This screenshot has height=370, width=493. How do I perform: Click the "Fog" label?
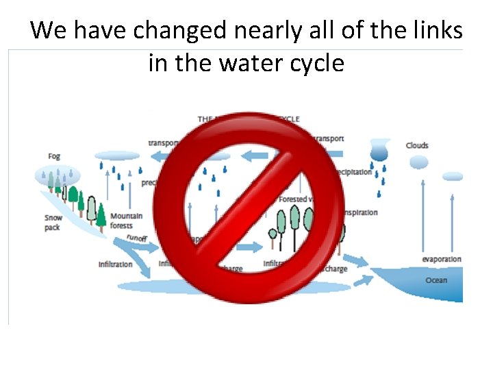[54, 156]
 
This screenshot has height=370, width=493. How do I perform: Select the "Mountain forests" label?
[126, 220]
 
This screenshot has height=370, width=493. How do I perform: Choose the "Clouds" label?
[417, 145]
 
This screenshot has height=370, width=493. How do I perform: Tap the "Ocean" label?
[436, 280]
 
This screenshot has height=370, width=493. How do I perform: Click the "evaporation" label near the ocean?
[442, 260]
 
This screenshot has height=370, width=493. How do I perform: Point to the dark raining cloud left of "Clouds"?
[379, 151]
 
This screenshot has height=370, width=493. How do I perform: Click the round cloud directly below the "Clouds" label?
[418, 162]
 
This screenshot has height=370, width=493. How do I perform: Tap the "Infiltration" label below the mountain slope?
[115, 264]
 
